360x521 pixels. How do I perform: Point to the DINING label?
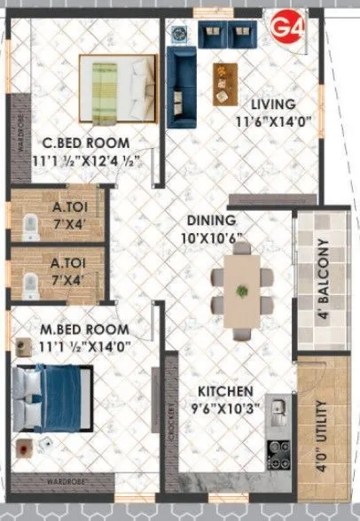[210, 221]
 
